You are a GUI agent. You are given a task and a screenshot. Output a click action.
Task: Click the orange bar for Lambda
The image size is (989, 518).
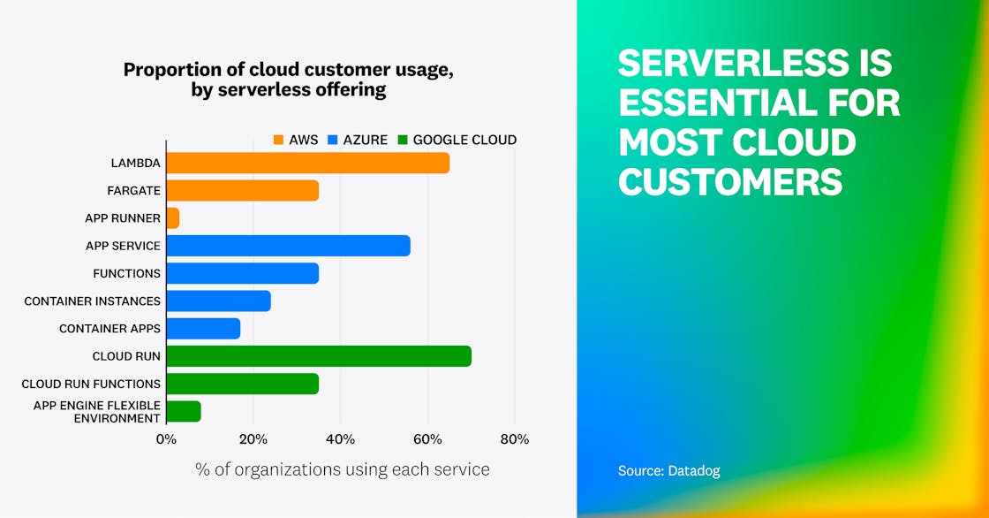point(307,163)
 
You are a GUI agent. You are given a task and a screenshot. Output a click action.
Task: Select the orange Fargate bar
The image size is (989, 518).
point(242,190)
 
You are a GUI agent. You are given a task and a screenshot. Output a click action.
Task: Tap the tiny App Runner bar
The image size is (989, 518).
point(173,218)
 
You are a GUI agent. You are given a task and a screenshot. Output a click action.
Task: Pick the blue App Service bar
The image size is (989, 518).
point(288,246)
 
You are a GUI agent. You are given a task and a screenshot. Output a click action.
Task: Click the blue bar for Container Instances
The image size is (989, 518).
point(218,301)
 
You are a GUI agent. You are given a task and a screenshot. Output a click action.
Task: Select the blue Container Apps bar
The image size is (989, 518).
point(203,329)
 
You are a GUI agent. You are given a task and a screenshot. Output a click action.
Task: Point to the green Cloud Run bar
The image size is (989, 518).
point(318,356)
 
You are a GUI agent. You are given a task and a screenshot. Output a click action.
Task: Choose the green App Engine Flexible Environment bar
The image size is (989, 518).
point(184,411)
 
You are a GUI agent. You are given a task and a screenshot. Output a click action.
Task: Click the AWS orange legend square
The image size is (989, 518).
point(278,140)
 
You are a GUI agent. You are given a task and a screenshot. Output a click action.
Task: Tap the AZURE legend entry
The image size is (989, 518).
point(357,140)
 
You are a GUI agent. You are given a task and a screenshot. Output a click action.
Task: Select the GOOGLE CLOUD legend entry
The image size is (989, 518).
point(457,140)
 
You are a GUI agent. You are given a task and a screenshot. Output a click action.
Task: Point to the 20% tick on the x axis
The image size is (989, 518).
point(253,439)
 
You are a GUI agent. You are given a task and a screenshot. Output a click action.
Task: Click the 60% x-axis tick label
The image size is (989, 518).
point(427,439)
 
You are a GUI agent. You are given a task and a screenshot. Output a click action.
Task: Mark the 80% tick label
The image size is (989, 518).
point(515,439)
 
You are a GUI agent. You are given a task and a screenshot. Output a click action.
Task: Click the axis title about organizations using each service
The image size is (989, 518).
point(342,469)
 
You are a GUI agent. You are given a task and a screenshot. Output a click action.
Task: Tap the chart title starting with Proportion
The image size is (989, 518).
point(289,80)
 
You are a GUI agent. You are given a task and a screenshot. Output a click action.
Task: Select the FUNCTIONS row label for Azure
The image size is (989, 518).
point(127,273)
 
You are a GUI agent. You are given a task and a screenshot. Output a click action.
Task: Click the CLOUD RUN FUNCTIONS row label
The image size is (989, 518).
point(91,384)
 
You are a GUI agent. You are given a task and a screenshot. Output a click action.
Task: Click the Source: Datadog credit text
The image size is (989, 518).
point(668,471)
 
